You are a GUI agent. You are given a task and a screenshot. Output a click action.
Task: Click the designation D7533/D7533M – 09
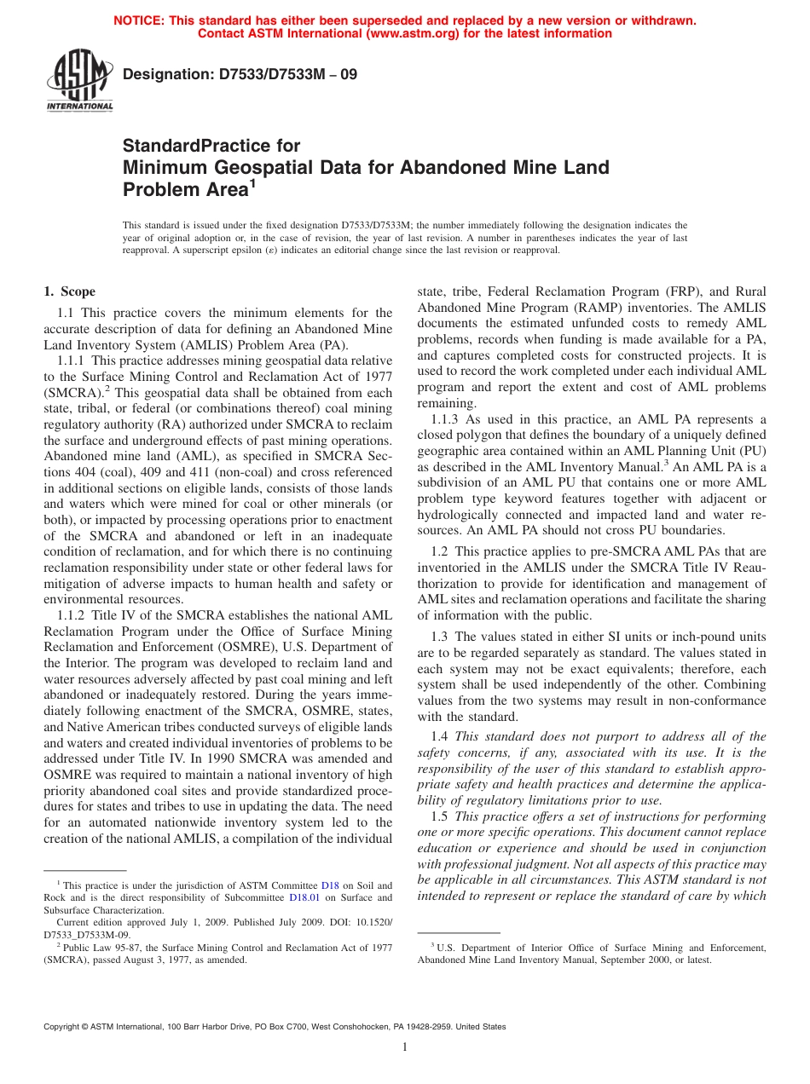(x=240, y=75)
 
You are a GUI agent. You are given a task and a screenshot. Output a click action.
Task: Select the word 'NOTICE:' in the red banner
(x=140, y=20)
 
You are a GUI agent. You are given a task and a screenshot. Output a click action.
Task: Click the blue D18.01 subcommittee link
(x=304, y=897)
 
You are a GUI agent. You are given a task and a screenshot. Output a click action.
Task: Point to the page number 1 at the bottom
(x=405, y=1047)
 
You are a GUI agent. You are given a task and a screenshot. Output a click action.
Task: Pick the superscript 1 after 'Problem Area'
(x=252, y=182)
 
